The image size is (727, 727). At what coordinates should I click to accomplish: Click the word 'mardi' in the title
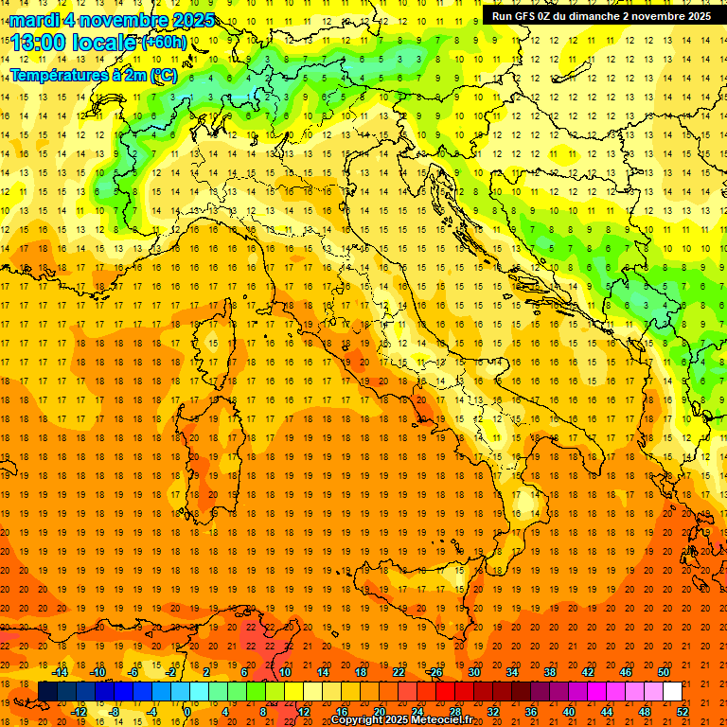coord(35,20)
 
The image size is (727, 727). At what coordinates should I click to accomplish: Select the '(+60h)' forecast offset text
coord(164,43)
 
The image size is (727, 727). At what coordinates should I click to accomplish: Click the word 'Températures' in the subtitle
coord(58,75)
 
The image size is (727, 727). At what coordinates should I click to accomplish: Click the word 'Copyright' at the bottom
coord(359,720)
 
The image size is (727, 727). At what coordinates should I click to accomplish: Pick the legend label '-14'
coord(60,672)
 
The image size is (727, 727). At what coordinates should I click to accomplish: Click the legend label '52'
coord(683,712)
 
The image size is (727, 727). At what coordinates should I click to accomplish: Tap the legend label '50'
coord(664,672)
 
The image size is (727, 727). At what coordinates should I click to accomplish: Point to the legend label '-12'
coord(79,712)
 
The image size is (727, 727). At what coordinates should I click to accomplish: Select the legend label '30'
coord(474,672)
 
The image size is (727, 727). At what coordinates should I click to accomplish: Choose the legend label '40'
coord(569,712)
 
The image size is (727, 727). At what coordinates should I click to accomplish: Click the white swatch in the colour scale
coord(672,692)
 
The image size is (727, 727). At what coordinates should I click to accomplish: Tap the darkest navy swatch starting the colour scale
coord(47,692)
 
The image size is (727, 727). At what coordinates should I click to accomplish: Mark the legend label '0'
coord(187,712)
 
